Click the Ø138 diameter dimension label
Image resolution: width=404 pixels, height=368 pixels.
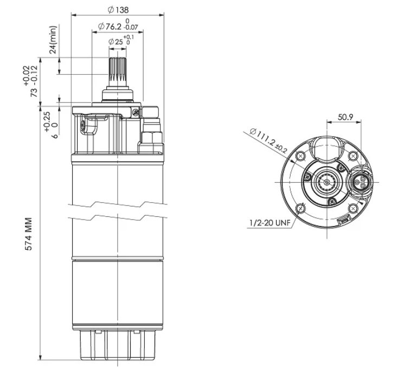(x=118, y=10)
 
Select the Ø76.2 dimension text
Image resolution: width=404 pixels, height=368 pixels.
(x=110, y=26)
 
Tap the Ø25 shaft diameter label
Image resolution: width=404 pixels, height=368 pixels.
(x=116, y=42)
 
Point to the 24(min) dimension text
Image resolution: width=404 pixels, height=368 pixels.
(x=53, y=40)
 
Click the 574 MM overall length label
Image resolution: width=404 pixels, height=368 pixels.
(x=29, y=234)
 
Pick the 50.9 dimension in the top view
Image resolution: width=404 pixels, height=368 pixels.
(x=345, y=117)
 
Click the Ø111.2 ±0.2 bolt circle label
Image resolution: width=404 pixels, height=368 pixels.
(x=268, y=141)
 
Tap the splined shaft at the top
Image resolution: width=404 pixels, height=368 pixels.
(x=118, y=72)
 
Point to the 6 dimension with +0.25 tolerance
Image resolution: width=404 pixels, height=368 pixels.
(x=52, y=125)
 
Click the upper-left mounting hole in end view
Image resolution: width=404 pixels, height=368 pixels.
(x=300, y=156)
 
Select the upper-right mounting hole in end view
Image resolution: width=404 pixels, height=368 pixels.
(x=352, y=156)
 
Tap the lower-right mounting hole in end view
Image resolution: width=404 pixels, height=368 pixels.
(x=352, y=208)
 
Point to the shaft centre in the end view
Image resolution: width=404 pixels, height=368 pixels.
(x=326, y=182)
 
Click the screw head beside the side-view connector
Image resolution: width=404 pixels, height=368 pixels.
(x=136, y=112)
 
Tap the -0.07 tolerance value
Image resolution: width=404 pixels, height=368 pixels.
(x=131, y=27)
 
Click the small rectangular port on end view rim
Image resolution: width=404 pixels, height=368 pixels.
(x=344, y=221)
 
